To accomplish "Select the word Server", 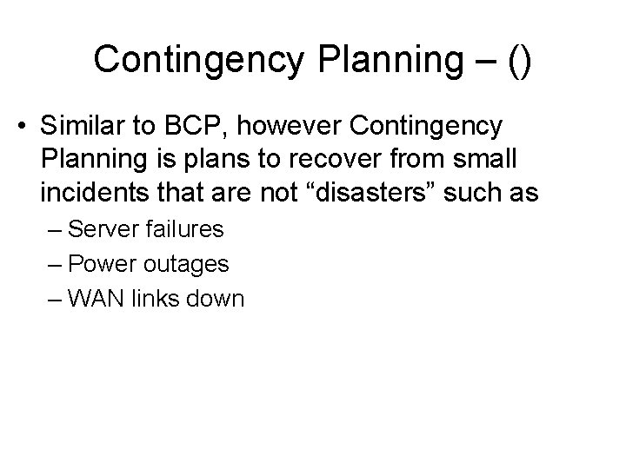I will point(103,230).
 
